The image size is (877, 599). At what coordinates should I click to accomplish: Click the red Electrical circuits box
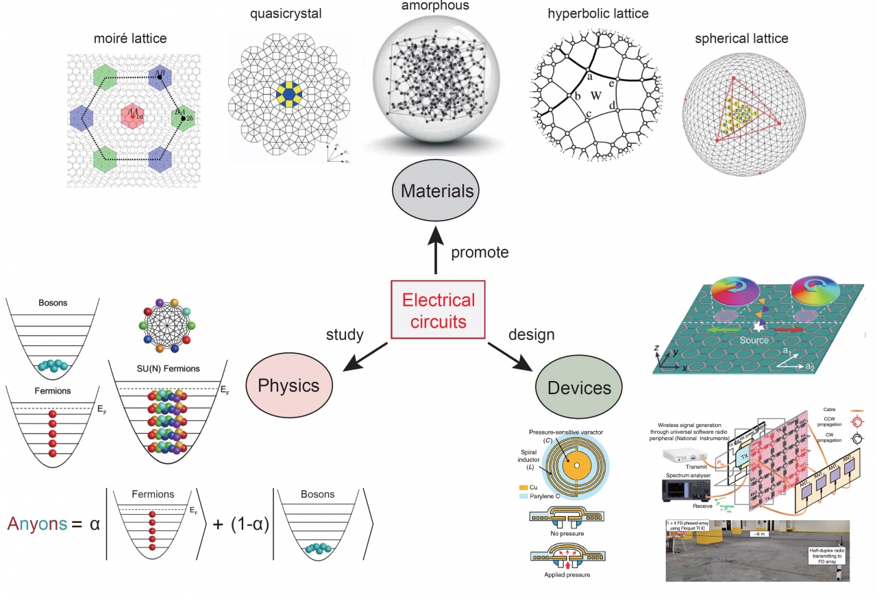[x=438, y=309]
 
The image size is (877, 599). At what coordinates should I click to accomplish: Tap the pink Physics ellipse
[x=288, y=384]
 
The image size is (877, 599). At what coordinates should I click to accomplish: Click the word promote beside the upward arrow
[x=480, y=252]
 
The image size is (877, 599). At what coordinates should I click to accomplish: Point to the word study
[x=345, y=334]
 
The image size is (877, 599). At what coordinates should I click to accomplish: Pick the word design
[x=531, y=334]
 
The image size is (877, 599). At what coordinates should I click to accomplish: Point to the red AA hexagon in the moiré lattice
[x=132, y=115]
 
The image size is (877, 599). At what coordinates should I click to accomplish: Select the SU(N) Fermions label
[x=168, y=368]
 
